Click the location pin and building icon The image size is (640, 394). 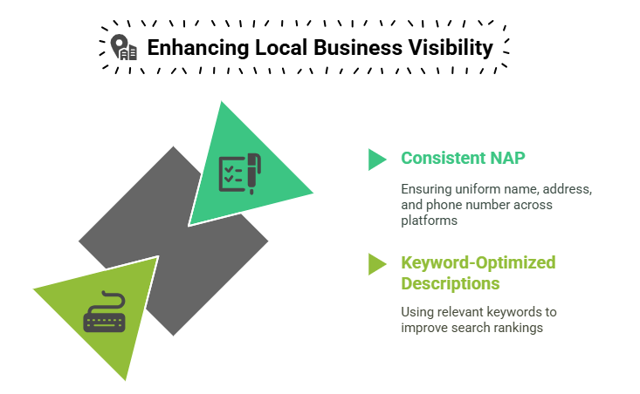[124, 47]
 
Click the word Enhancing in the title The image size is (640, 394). [198, 48]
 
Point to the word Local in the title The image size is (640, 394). [281, 47]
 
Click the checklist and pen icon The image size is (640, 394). [240, 173]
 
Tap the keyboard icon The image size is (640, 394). [105, 311]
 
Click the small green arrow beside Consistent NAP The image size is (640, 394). [377, 160]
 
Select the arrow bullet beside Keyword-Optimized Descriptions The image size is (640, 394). [377, 264]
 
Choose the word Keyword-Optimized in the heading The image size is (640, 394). [478, 262]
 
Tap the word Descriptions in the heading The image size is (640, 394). [451, 283]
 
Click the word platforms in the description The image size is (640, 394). [429, 221]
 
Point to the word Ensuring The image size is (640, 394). [426, 189]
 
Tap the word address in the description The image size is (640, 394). [567, 189]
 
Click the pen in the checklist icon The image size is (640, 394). [254, 173]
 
